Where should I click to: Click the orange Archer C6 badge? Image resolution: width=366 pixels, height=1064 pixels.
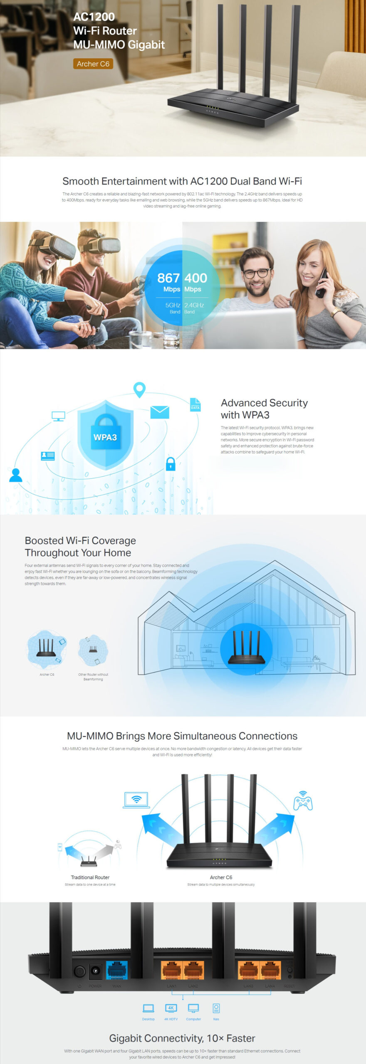click(x=93, y=64)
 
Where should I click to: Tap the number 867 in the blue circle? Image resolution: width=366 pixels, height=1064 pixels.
click(x=168, y=278)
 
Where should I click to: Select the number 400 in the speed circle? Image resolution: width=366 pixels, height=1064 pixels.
click(x=195, y=278)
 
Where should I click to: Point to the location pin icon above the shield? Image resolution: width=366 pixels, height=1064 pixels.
click(x=139, y=389)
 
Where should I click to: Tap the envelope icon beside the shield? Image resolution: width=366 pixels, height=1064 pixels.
click(x=160, y=412)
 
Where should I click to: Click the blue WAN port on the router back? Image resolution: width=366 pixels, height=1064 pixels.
click(x=117, y=970)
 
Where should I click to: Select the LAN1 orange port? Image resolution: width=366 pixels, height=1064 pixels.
click(x=171, y=970)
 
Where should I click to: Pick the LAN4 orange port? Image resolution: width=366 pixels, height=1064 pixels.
click(x=270, y=970)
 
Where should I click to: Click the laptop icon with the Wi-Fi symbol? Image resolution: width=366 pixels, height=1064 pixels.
click(x=136, y=800)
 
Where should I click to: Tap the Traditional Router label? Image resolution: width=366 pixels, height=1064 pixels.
click(x=90, y=877)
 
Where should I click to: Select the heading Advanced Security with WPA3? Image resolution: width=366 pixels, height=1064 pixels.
click(x=264, y=409)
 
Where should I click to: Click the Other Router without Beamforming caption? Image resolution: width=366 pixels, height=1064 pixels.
click(x=93, y=677)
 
